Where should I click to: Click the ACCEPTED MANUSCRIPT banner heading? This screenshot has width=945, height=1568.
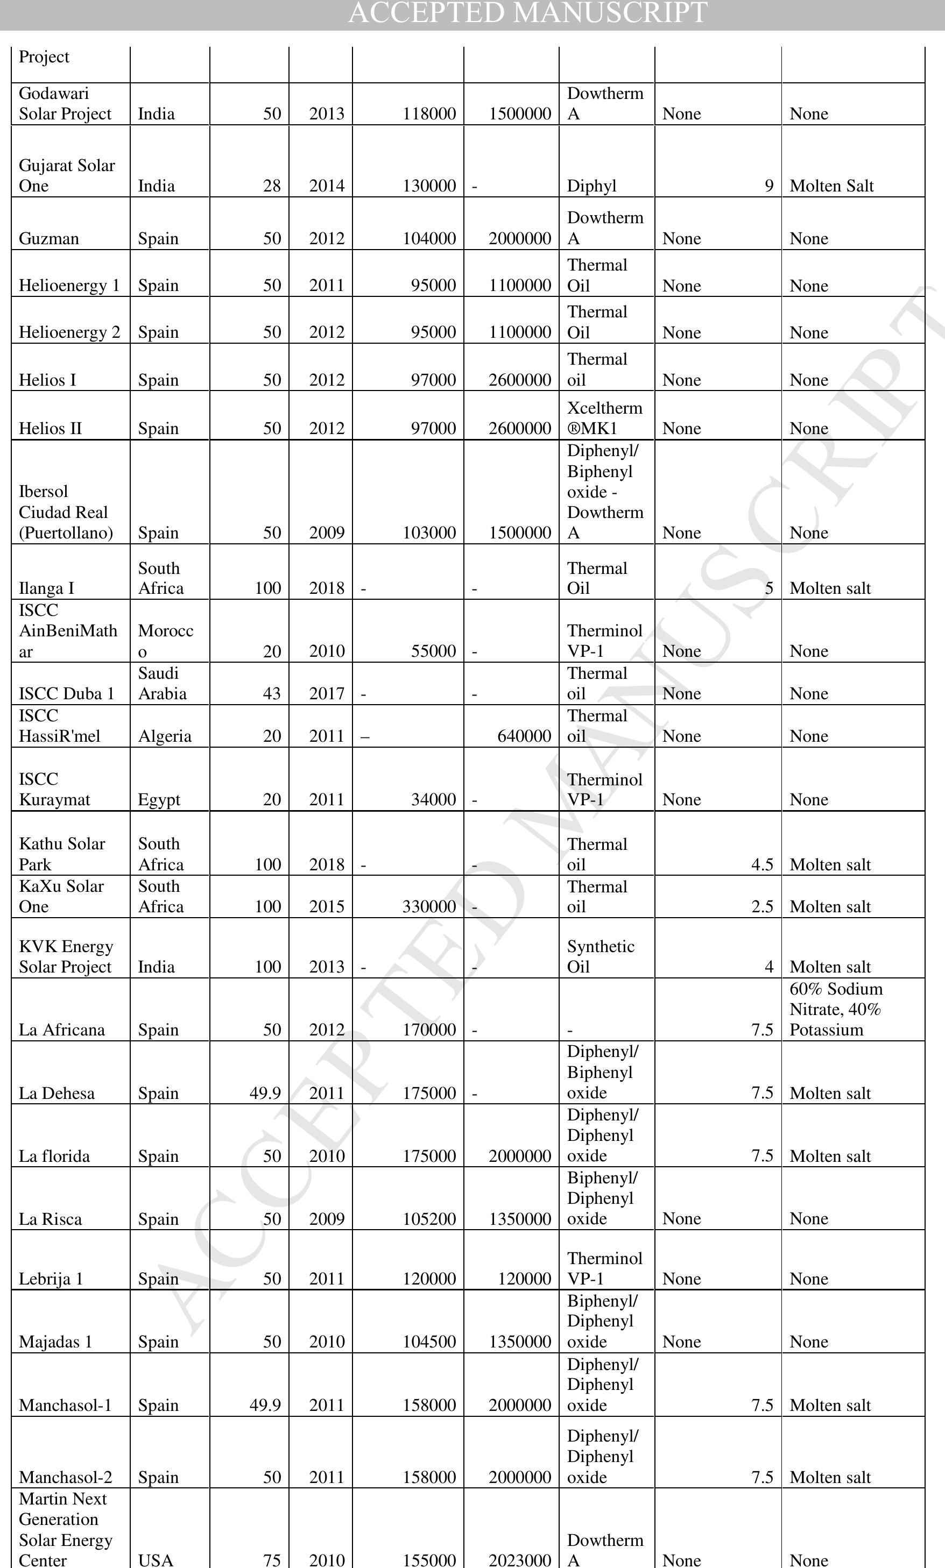coord(527,13)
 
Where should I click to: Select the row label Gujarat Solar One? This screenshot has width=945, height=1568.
coord(67,176)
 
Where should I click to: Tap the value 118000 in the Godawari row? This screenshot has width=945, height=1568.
coord(429,114)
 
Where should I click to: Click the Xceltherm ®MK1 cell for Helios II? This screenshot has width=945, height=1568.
coord(604,418)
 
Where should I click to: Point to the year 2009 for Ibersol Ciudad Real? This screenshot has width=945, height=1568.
coord(327,533)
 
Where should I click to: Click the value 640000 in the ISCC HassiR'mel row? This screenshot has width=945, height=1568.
coord(524,736)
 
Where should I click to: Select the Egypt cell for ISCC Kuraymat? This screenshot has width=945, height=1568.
coord(159,800)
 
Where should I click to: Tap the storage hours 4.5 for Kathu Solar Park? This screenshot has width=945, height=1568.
coord(761,865)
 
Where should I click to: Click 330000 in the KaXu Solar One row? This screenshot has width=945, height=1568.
coord(429,907)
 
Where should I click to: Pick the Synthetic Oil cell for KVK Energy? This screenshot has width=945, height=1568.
coord(601,956)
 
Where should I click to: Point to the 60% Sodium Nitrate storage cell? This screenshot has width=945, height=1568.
coord(835,1009)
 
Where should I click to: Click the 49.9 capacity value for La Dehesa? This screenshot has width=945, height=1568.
coord(265,1093)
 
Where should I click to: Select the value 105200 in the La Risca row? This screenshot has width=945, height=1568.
coord(429,1219)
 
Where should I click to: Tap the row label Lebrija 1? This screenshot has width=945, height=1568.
coord(51,1279)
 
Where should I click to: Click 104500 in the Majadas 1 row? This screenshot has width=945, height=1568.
coord(429,1342)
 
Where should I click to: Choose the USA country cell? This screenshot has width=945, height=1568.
coord(156,1560)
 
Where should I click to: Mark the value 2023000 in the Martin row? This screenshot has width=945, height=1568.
coord(520,1560)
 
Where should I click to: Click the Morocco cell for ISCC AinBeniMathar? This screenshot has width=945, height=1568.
coord(166,641)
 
